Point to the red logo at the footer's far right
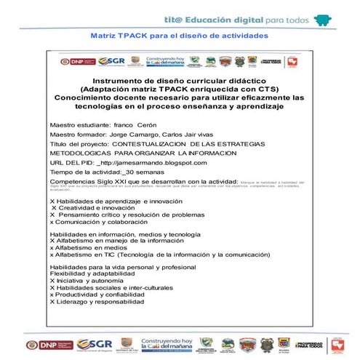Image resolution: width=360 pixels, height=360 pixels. pyautogui.click(x=336, y=344)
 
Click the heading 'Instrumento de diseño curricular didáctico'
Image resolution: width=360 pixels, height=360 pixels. pyautogui.click(x=179, y=81)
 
